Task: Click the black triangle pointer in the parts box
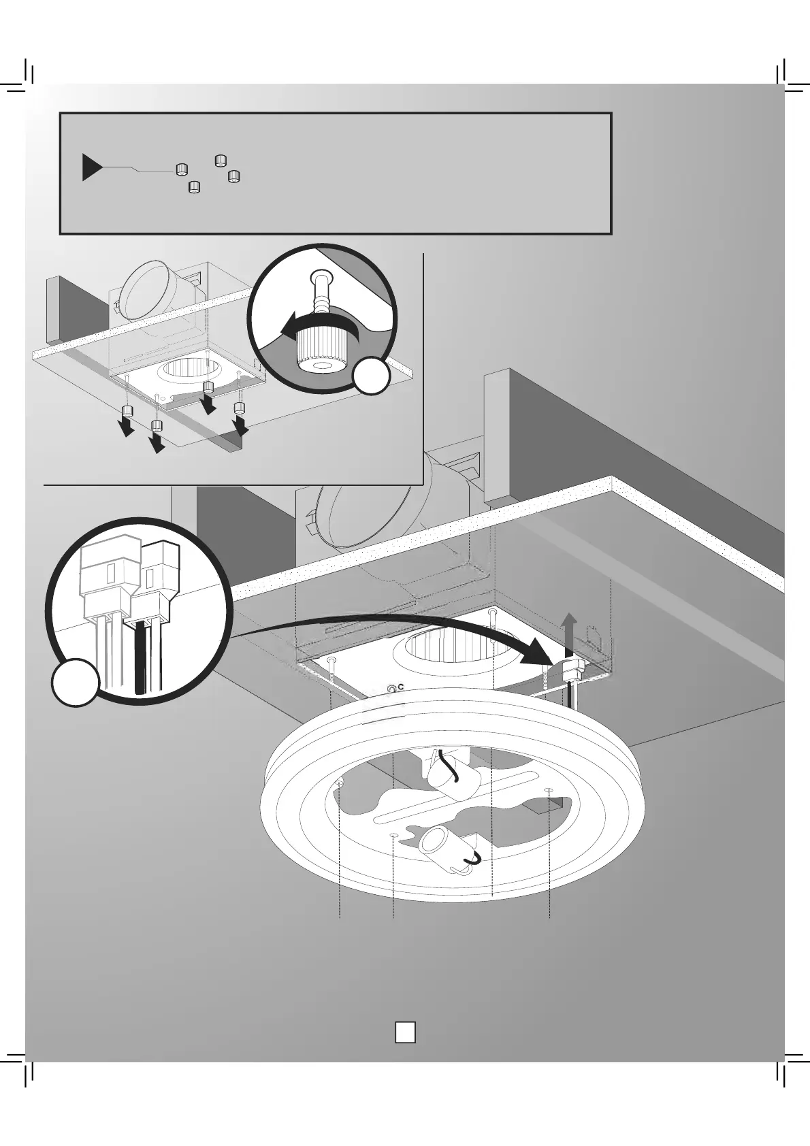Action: [91, 167]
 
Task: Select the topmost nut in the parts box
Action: [220, 161]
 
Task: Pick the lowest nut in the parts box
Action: [194, 186]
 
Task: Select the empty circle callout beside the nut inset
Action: [372, 376]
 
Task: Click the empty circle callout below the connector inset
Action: [76, 682]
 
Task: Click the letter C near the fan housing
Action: [401, 687]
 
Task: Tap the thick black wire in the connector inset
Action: [142, 657]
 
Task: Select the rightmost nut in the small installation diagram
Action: [239, 408]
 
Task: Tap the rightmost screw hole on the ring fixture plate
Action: [549, 790]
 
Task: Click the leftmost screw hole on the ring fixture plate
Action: [339, 785]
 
